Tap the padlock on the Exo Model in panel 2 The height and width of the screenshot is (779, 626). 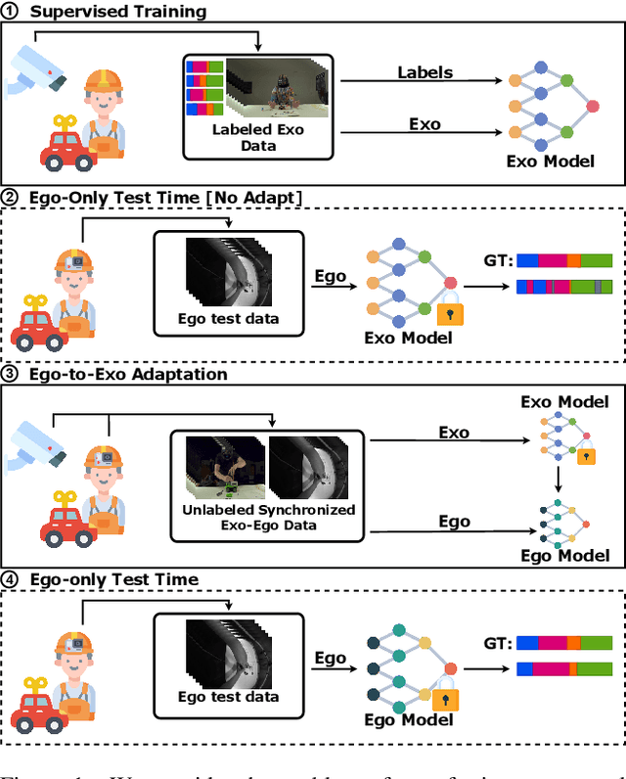coord(450,312)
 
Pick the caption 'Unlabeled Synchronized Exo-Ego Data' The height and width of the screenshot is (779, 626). coord(266,517)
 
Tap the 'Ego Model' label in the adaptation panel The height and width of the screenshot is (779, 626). coord(563,555)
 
